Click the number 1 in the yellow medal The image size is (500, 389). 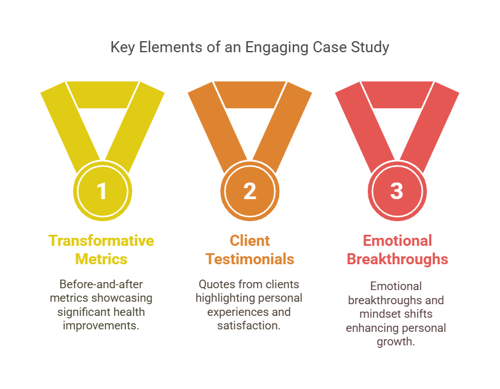click(x=102, y=191)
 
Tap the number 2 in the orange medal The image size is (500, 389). click(x=250, y=191)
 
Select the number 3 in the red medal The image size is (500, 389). click(x=397, y=191)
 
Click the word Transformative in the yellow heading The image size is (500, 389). click(x=101, y=240)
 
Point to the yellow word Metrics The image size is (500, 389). click(x=101, y=259)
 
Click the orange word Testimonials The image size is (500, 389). click(x=250, y=259)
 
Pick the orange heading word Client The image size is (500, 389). click(x=250, y=240)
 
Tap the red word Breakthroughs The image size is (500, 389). click(x=397, y=259)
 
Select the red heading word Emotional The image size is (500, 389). click(x=397, y=240)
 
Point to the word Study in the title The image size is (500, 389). click(x=372, y=47)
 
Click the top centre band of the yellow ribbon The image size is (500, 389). click(x=102, y=95)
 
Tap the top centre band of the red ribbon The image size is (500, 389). click(x=397, y=95)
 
